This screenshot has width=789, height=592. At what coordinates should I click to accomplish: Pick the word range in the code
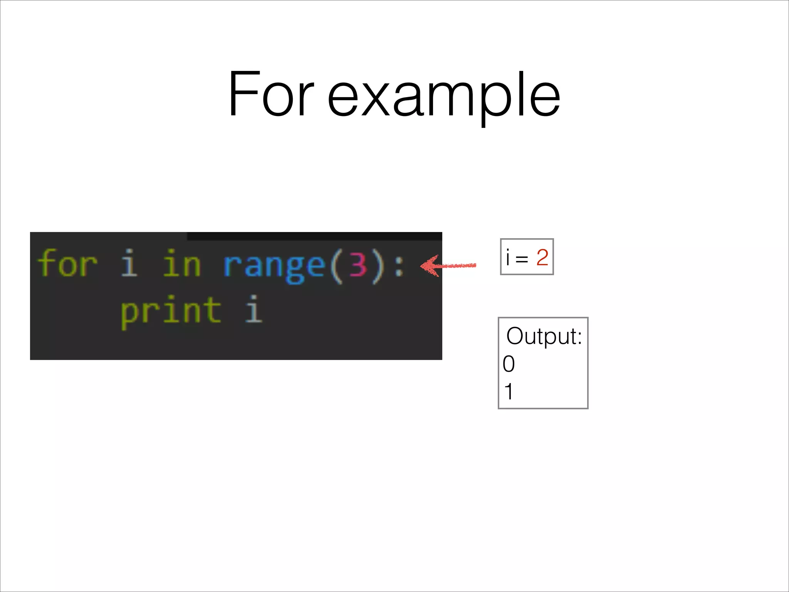(274, 266)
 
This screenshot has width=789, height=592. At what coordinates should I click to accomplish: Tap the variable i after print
(253, 309)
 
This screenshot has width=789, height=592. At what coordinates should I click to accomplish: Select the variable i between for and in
(129, 263)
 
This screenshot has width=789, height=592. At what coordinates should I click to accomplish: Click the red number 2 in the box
(542, 257)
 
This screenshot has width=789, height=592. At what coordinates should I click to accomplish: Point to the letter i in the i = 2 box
(508, 257)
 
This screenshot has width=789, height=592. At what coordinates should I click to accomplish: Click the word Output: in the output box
(544, 336)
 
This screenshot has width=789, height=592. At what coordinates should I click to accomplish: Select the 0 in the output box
(509, 364)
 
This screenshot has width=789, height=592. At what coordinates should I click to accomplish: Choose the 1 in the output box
(509, 392)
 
